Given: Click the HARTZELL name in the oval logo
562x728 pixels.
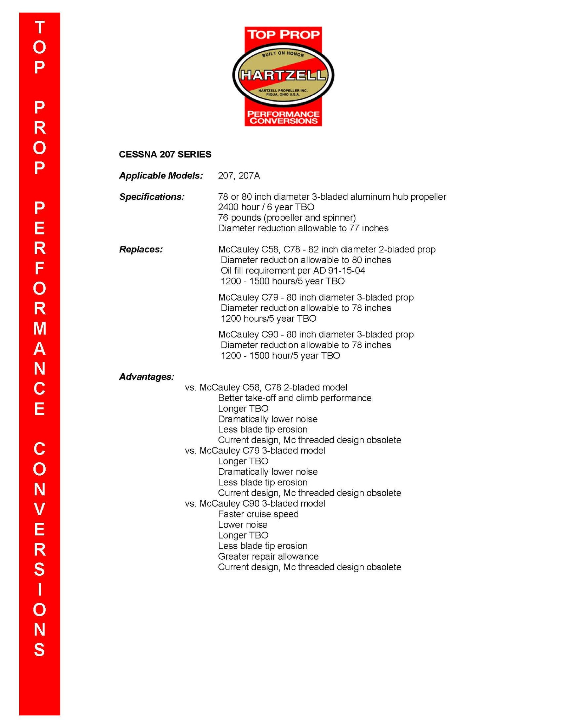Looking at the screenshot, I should (283, 75).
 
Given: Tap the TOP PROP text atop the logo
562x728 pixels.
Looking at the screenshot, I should (283, 34).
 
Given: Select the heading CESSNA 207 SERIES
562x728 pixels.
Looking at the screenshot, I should (165, 154).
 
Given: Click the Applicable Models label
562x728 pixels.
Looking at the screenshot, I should (161, 175).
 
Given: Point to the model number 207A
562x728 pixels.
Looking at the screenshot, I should (249, 175).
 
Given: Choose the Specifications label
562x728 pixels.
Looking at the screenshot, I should (152, 197).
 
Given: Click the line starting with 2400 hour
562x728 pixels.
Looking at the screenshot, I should (266, 207).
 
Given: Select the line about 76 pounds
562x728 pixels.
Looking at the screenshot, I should (287, 218).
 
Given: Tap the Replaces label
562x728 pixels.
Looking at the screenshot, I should (141, 249).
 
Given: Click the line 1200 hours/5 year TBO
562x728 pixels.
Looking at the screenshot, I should (268, 318).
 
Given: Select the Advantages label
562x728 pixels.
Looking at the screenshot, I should (146, 376).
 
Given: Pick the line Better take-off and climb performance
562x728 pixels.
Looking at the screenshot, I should (294, 398).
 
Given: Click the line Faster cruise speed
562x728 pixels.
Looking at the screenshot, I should (258, 514).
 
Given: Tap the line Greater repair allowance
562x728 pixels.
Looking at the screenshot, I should (268, 556).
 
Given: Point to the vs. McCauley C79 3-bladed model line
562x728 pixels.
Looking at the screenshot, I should (255, 450).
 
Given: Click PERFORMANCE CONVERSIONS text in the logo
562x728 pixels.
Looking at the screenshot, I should (283, 117).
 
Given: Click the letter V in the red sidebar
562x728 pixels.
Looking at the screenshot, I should (39, 509).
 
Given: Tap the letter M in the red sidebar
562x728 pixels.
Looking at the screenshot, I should (39, 328).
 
